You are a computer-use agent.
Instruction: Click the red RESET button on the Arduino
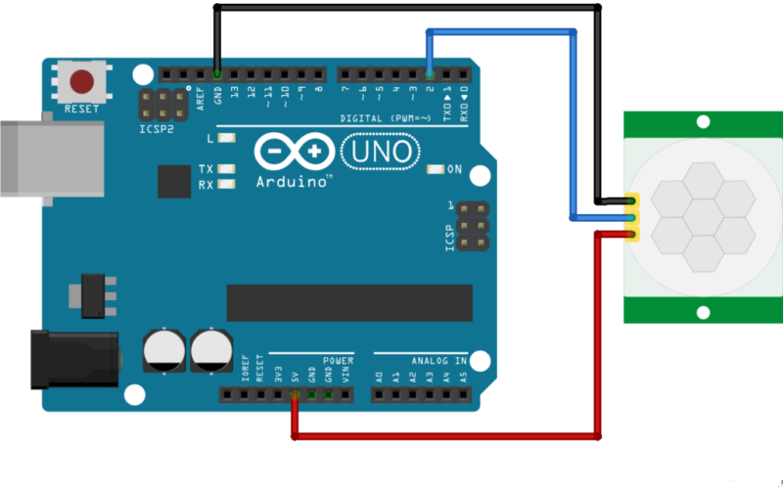tap(81, 81)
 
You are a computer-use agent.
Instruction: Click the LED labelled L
tap(228, 139)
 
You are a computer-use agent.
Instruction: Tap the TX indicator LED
tap(228, 169)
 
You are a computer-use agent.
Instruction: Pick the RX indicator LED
tap(228, 184)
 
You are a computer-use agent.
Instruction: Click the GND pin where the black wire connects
tap(216, 74)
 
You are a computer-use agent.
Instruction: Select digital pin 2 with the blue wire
tap(430, 74)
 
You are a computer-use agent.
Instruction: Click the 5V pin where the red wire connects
tap(294, 395)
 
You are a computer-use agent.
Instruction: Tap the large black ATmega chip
tap(349, 302)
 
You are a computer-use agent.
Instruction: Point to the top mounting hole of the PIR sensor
tap(703, 121)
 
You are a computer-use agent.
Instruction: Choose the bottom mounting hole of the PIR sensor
tap(703, 313)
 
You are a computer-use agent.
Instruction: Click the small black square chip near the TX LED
tap(174, 180)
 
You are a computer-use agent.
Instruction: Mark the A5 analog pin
tap(464, 395)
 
